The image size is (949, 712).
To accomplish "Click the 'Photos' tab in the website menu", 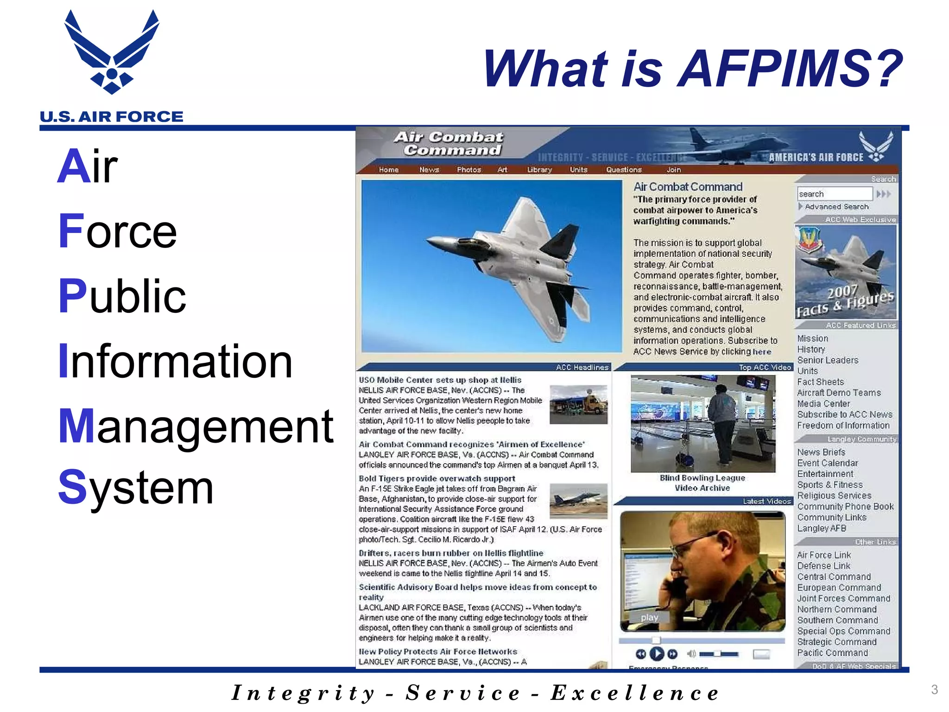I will (468, 170).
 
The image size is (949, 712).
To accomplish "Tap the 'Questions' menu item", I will (623, 170).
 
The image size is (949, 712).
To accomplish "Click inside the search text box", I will (834, 194).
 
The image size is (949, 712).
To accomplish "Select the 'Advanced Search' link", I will (836, 207).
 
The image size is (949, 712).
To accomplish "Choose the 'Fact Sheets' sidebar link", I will (820, 382).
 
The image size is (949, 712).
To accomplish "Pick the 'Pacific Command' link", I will (832, 653).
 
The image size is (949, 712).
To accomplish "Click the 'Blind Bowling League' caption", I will (702, 478).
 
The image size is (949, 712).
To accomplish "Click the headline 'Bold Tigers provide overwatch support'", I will (437, 478).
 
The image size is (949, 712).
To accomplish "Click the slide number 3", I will (934, 689).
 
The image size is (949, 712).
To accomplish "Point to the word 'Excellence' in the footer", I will (634, 693).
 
